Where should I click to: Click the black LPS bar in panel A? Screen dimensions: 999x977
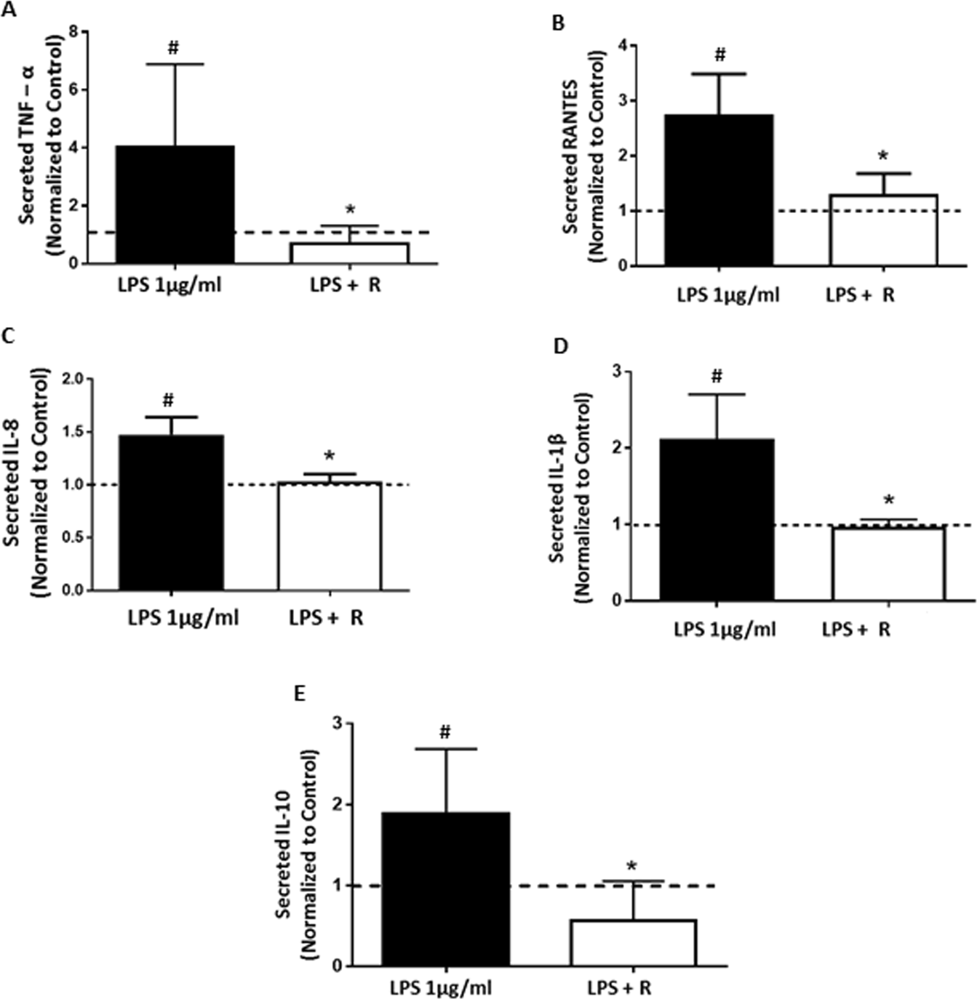[x=175, y=204]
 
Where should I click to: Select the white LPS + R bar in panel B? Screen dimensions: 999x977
[x=883, y=230]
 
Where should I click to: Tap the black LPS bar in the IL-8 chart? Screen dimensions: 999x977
[x=171, y=513]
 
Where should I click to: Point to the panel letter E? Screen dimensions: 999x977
[x=298, y=694]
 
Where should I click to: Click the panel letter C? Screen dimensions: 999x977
[x=8, y=336]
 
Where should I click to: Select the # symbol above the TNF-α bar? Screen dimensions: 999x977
[x=173, y=49]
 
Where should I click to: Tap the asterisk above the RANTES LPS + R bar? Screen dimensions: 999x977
[x=883, y=156]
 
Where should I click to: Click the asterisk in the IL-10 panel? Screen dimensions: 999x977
[x=632, y=867]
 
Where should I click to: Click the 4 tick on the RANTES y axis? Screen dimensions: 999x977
[x=622, y=46]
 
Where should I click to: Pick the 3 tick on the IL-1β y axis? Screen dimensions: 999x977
[x=617, y=372]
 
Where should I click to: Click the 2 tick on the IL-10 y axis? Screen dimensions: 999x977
[x=337, y=805]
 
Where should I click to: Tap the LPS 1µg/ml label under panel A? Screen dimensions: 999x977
[x=170, y=285]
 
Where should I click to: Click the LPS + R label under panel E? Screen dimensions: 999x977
[x=619, y=988]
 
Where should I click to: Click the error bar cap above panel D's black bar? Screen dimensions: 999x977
[x=717, y=394]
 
